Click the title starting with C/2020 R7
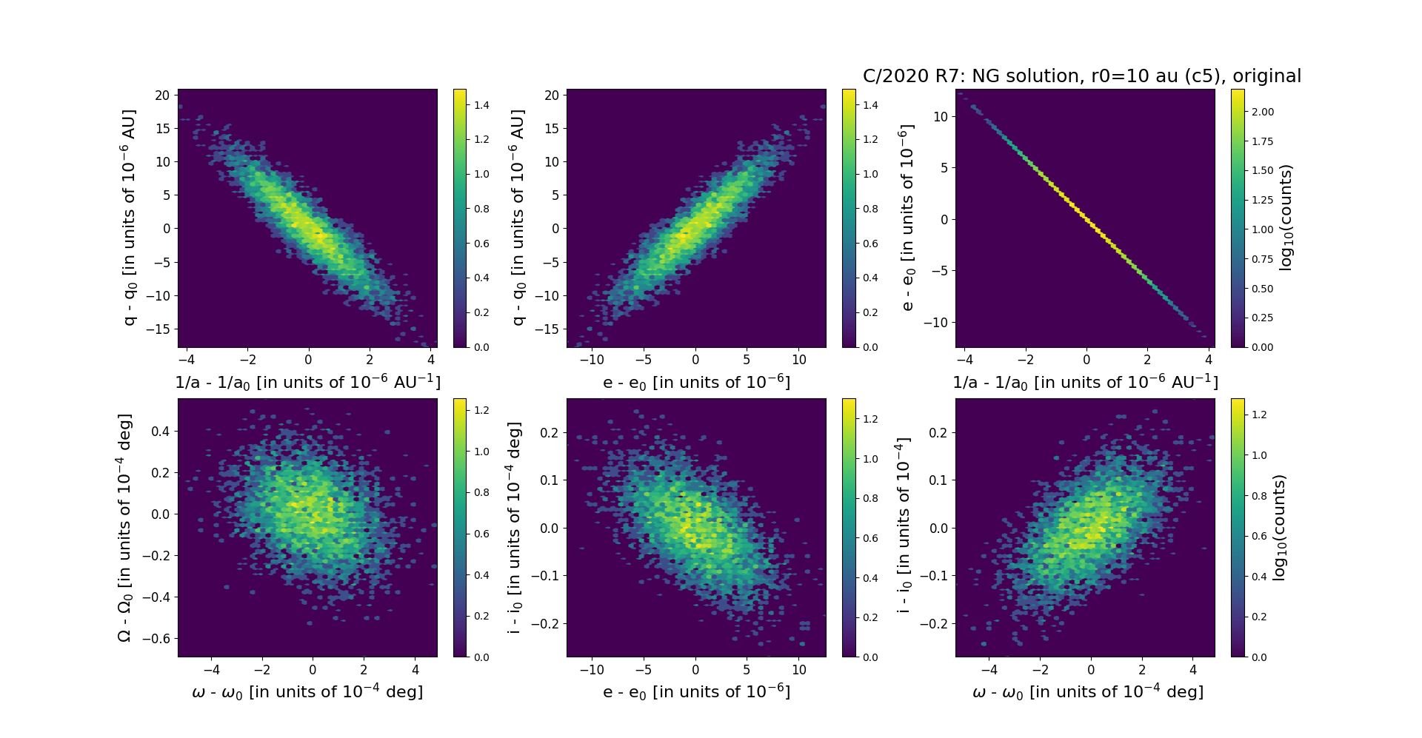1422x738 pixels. [x=1081, y=76]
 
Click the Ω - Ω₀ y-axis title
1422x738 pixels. [x=125, y=527]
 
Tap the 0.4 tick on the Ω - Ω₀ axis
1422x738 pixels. [x=160, y=431]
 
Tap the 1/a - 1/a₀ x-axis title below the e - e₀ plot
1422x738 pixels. [x=1085, y=382]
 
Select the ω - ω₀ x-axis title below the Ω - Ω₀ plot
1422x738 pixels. [x=307, y=691]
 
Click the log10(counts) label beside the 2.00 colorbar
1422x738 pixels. [x=1286, y=218]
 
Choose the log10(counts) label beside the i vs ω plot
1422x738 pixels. [x=1278, y=527]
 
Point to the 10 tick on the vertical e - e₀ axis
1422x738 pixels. [x=941, y=116]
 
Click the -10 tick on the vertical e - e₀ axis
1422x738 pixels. [x=937, y=322]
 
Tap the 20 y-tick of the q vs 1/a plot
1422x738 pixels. [x=162, y=95]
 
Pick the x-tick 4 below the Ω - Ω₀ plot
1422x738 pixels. [x=415, y=670]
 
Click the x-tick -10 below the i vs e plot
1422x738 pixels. [x=592, y=670]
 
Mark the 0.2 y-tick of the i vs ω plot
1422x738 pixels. [x=938, y=432]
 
